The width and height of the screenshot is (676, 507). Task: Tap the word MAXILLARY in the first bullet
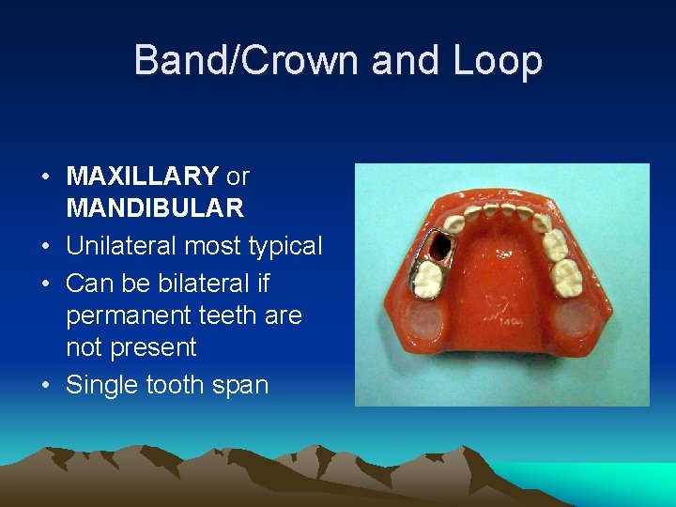point(143,176)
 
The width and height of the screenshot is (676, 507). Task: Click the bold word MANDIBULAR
point(155,207)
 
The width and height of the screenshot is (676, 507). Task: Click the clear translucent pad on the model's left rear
point(426,325)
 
